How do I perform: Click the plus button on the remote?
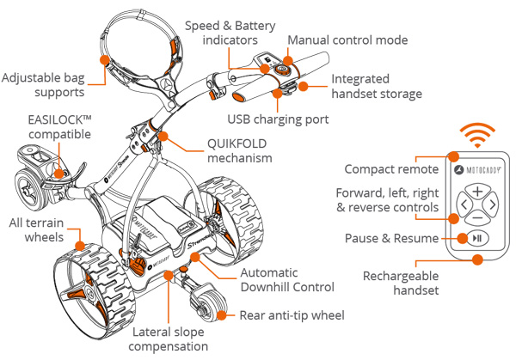click(x=477, y=192)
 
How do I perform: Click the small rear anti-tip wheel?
click(x=206, y=307)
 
